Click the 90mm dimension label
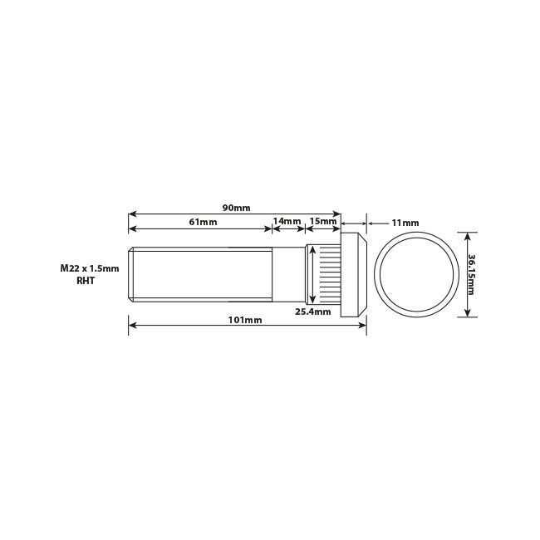click(x=236, y=208)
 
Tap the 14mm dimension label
click(x=287, y=222)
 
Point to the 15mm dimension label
click(x=323, y=222)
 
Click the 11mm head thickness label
click(x=405, y=223)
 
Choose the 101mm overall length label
click(x=248, y=320)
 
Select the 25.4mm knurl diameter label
click(x=313, y=312)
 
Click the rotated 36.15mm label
click(x=471, y=274)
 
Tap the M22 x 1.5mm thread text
click(x=90, y=268)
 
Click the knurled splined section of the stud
click(x=328, y=275)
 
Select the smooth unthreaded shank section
click(x=288, y=275)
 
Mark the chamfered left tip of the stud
click(x=130, y=275)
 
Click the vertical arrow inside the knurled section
click(x=312, y=275)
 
